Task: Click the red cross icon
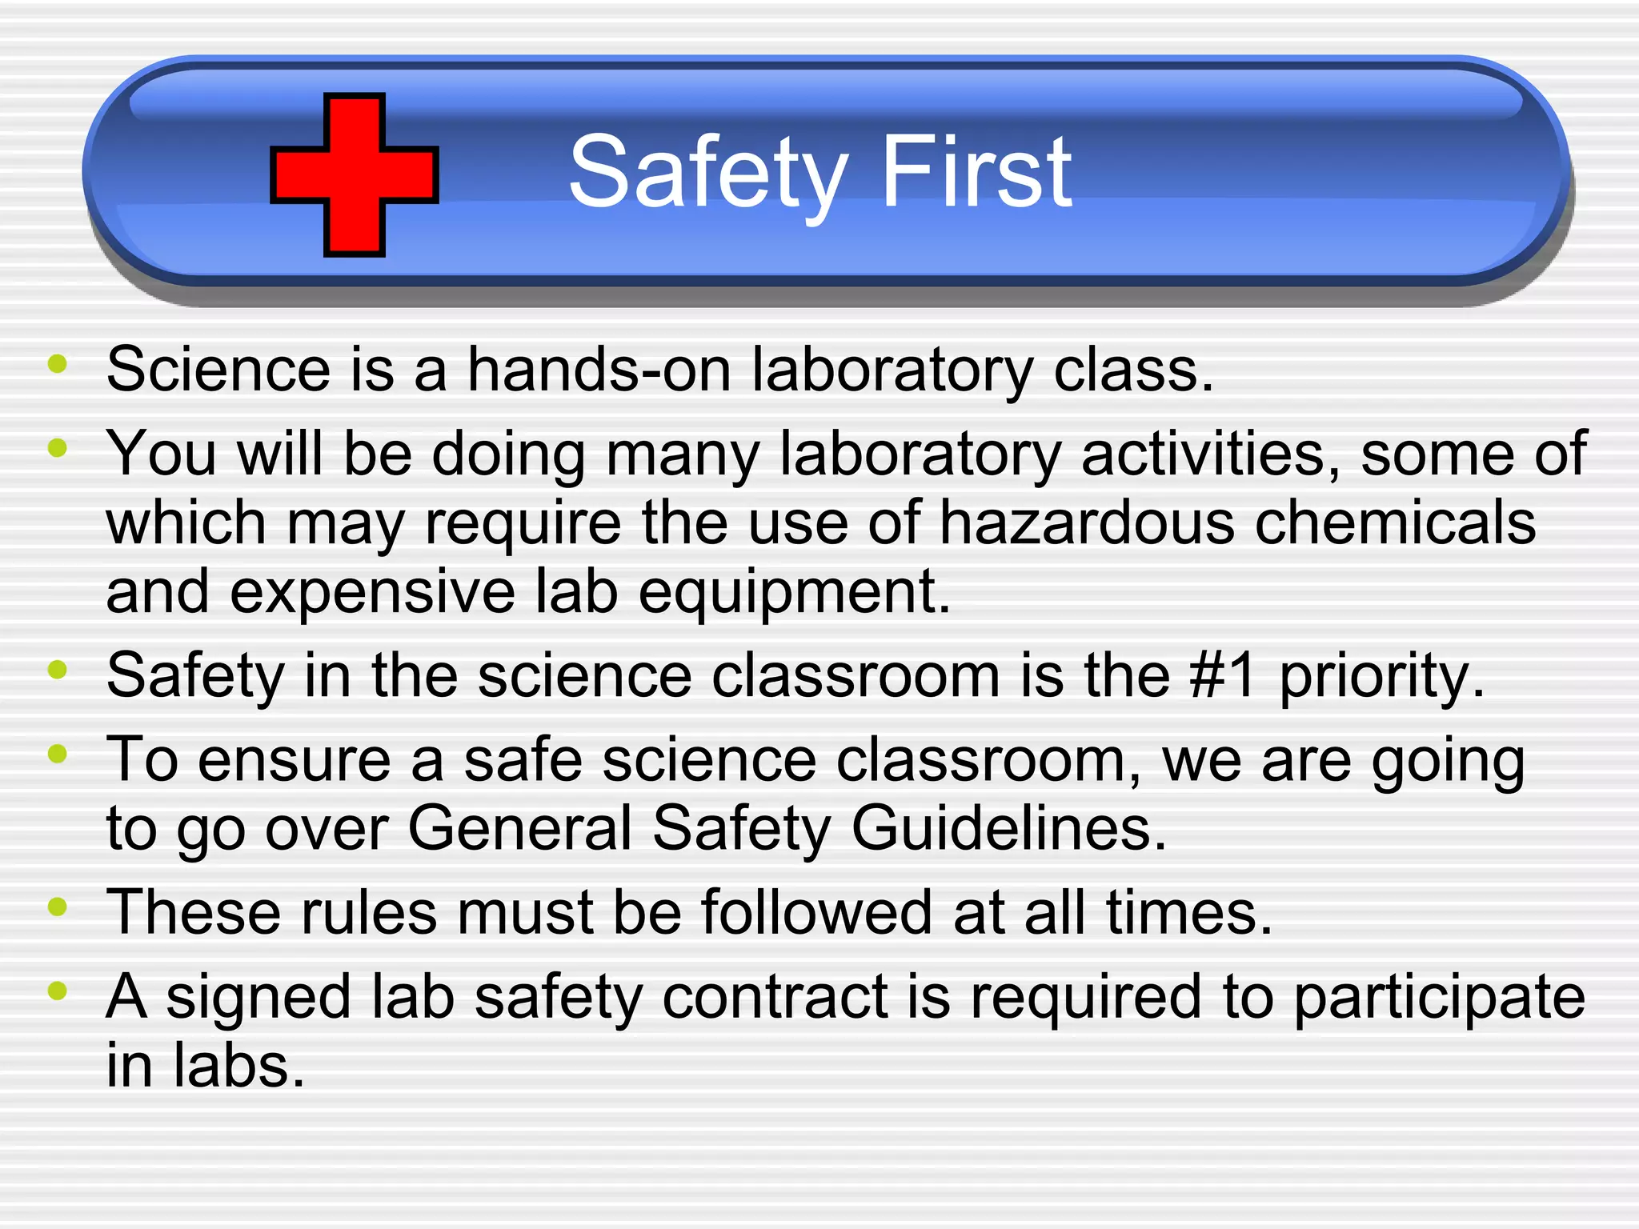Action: tap(355, 174)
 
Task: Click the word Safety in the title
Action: tap(707, 173)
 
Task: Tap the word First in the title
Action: tap(976, 171)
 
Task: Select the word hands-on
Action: tap(599, 370)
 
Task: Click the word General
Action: tap(520, 827)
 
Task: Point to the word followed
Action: tap(816, 912)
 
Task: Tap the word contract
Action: tap(774, 997)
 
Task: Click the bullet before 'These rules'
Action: tap(57, 907)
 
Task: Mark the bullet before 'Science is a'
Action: tap(57, 364)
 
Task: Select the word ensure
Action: tap(294, 760)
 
